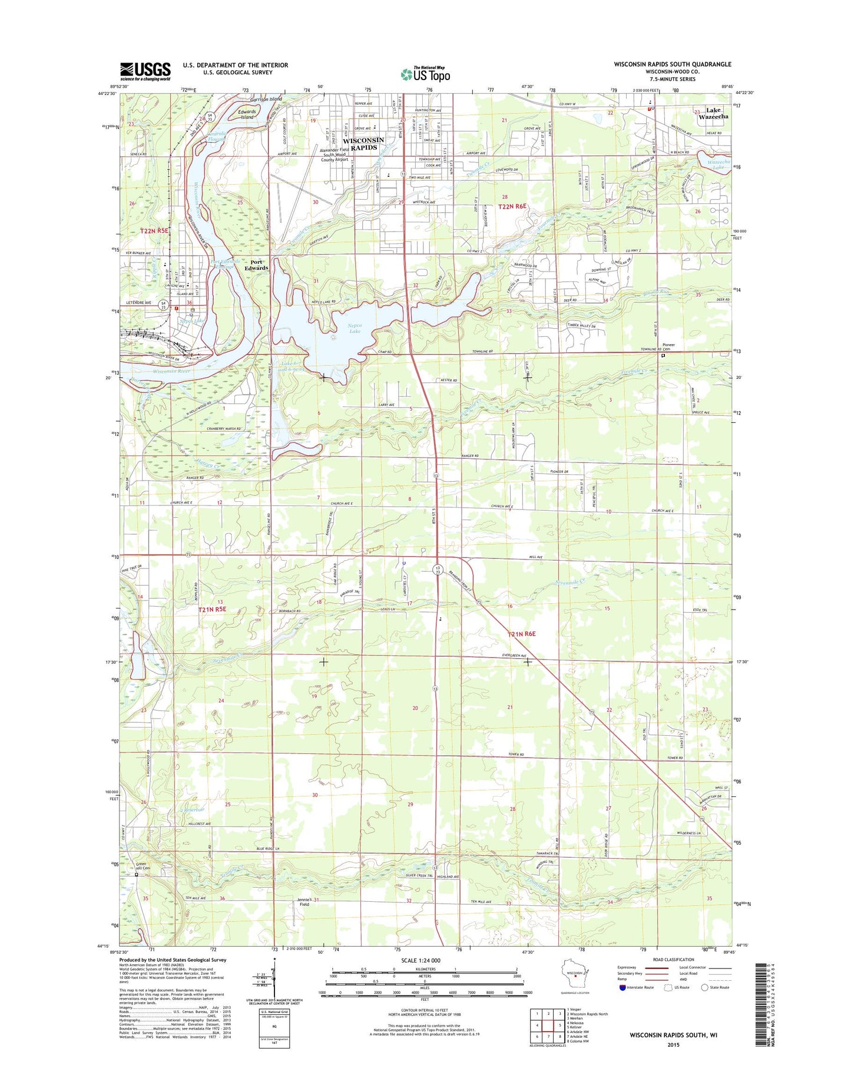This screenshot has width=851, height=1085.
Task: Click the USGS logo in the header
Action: pos(145,71)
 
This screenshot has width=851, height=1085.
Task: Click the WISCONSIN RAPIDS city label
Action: pos(363,144)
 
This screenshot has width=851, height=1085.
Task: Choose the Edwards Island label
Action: pos(247,114)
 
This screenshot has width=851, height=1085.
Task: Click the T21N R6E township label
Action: pos(522,634)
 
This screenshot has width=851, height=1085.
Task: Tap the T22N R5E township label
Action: pos(154,231)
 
